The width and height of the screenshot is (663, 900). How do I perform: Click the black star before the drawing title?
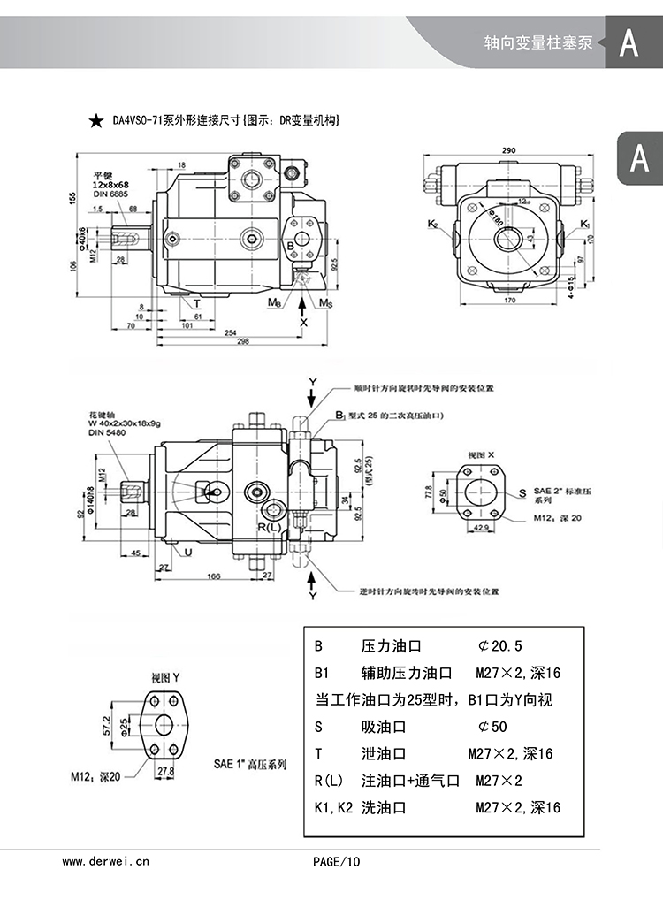click(95, 119)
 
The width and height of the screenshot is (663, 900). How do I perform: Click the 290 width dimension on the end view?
click(509, 150)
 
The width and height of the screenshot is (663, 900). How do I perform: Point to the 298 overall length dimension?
click(231, 342)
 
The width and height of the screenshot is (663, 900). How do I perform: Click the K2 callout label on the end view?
click(432, 225)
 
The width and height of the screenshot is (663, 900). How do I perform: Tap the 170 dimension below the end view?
click(510, 302)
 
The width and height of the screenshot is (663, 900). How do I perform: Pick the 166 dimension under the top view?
click(213, 576)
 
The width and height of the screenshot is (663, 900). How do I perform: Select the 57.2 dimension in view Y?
click(107, 726)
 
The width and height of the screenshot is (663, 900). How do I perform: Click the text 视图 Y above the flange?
click(165, 677)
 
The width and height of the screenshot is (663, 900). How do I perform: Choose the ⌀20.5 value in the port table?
click(500, 646)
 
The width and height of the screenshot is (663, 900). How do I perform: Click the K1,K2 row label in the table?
click(333, 807)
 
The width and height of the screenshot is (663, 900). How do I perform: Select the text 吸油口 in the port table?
click(384, 727)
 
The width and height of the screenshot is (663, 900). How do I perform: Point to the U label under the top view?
click(189, 553)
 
